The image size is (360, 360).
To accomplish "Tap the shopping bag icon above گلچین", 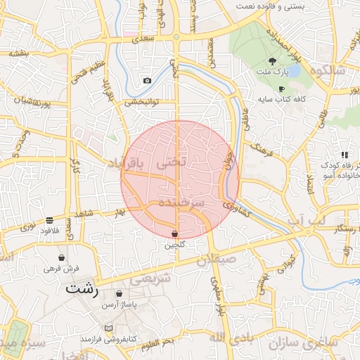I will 174,233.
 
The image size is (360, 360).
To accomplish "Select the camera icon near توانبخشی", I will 146,81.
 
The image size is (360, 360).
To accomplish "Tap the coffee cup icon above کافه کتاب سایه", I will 281,89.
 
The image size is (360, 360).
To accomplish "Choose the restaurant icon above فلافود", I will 49,220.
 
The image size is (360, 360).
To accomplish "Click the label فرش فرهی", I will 62,268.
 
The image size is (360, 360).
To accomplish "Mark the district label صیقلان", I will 229,261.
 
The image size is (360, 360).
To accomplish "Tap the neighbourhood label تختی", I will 172,160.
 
